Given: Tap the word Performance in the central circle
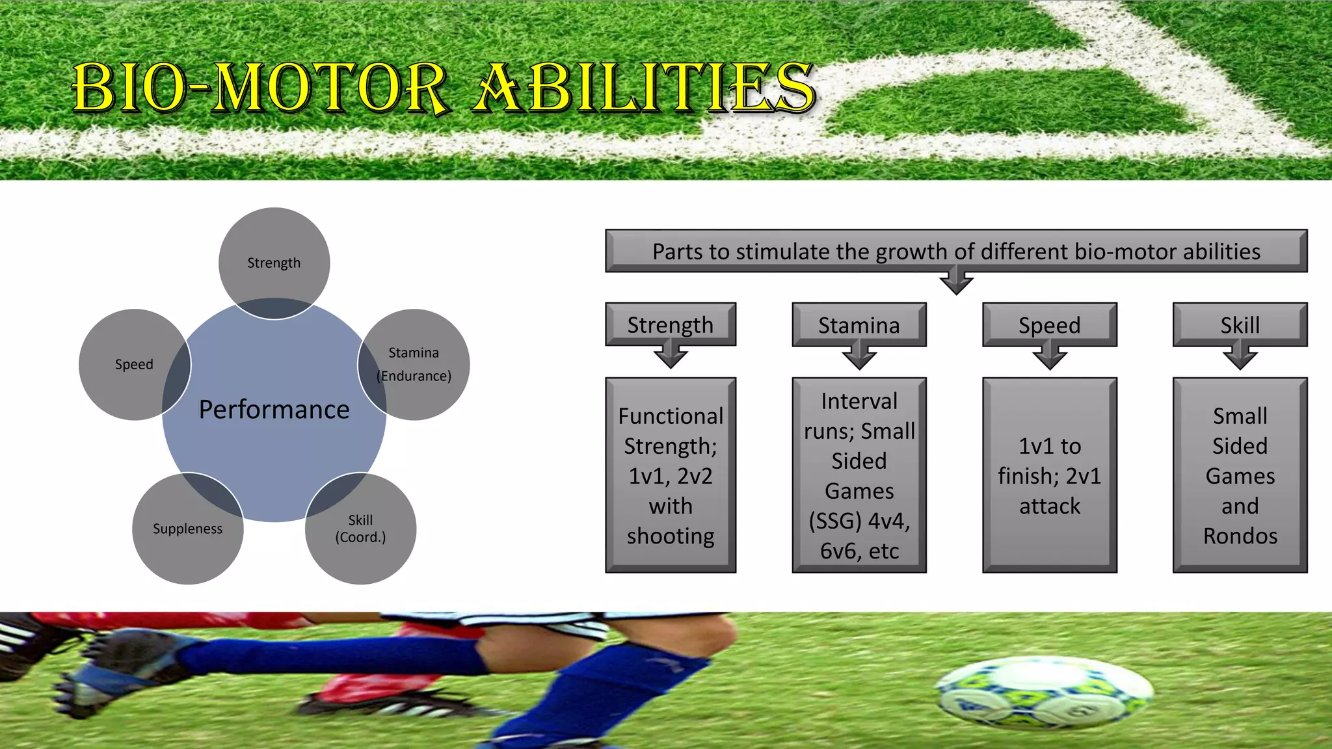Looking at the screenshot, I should (274, 410).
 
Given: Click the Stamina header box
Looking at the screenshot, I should (859, 324).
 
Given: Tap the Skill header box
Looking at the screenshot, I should (1240, 324).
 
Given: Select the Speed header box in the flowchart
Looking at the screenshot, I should (1049, 324).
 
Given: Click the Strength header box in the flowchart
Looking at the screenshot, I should (670, 324).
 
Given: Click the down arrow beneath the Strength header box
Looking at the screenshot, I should (671, 357).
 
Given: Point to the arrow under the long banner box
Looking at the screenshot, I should (956, 283).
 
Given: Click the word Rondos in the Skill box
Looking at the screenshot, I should (1240, 536).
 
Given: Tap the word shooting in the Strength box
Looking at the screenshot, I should (671, 536).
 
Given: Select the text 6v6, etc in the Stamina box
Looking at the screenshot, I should (859, 551).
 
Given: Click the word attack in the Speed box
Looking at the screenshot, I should (1049, 506).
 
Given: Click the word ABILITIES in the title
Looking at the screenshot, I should (644, 88).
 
